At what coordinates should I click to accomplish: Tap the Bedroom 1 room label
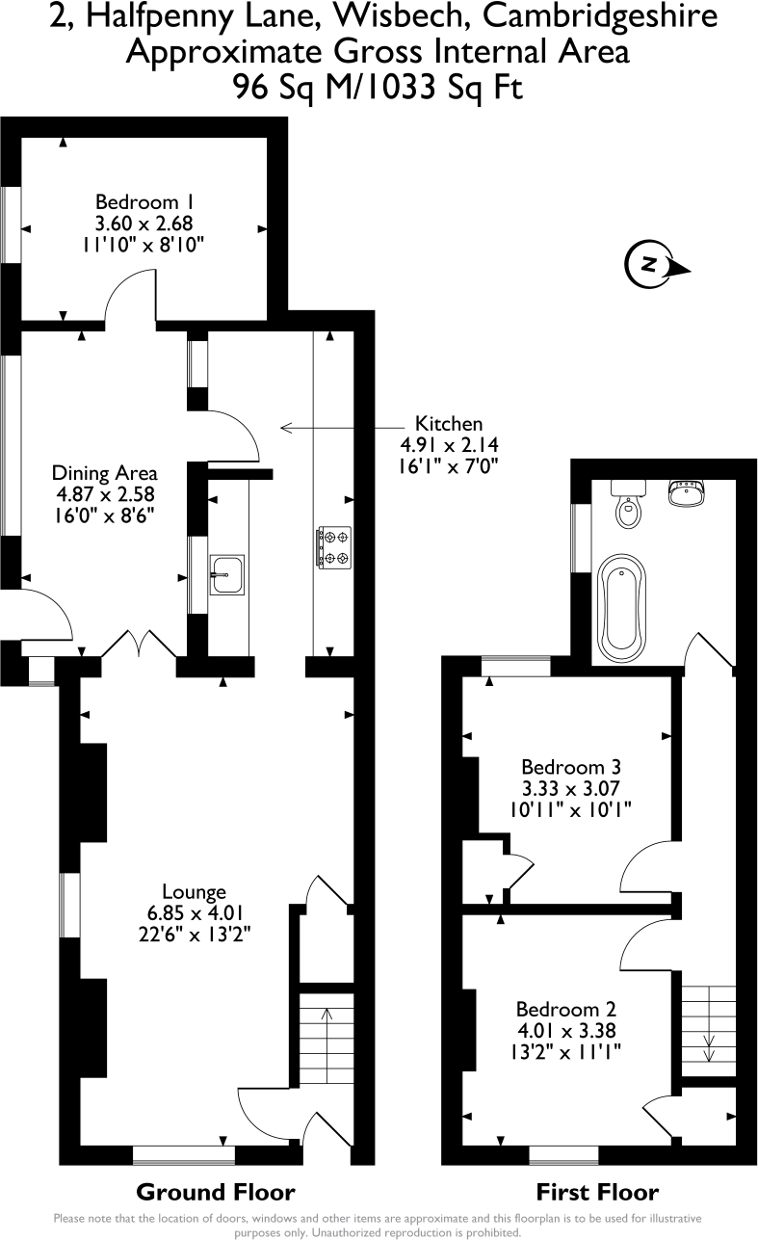click(x=144, y=202)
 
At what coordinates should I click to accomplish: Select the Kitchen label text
click(x=448, y=423)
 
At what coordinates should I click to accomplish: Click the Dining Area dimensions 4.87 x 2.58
click(x=104, y=493)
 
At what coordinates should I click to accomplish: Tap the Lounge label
click(x=194, y=892)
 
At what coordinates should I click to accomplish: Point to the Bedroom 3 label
click(x=570, y=767)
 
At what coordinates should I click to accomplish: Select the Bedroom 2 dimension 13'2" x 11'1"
click(x=565, y=1052)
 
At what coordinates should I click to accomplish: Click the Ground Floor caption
click(x=215, y=1191)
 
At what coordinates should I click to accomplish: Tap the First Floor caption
click(x=597, y=1191)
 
